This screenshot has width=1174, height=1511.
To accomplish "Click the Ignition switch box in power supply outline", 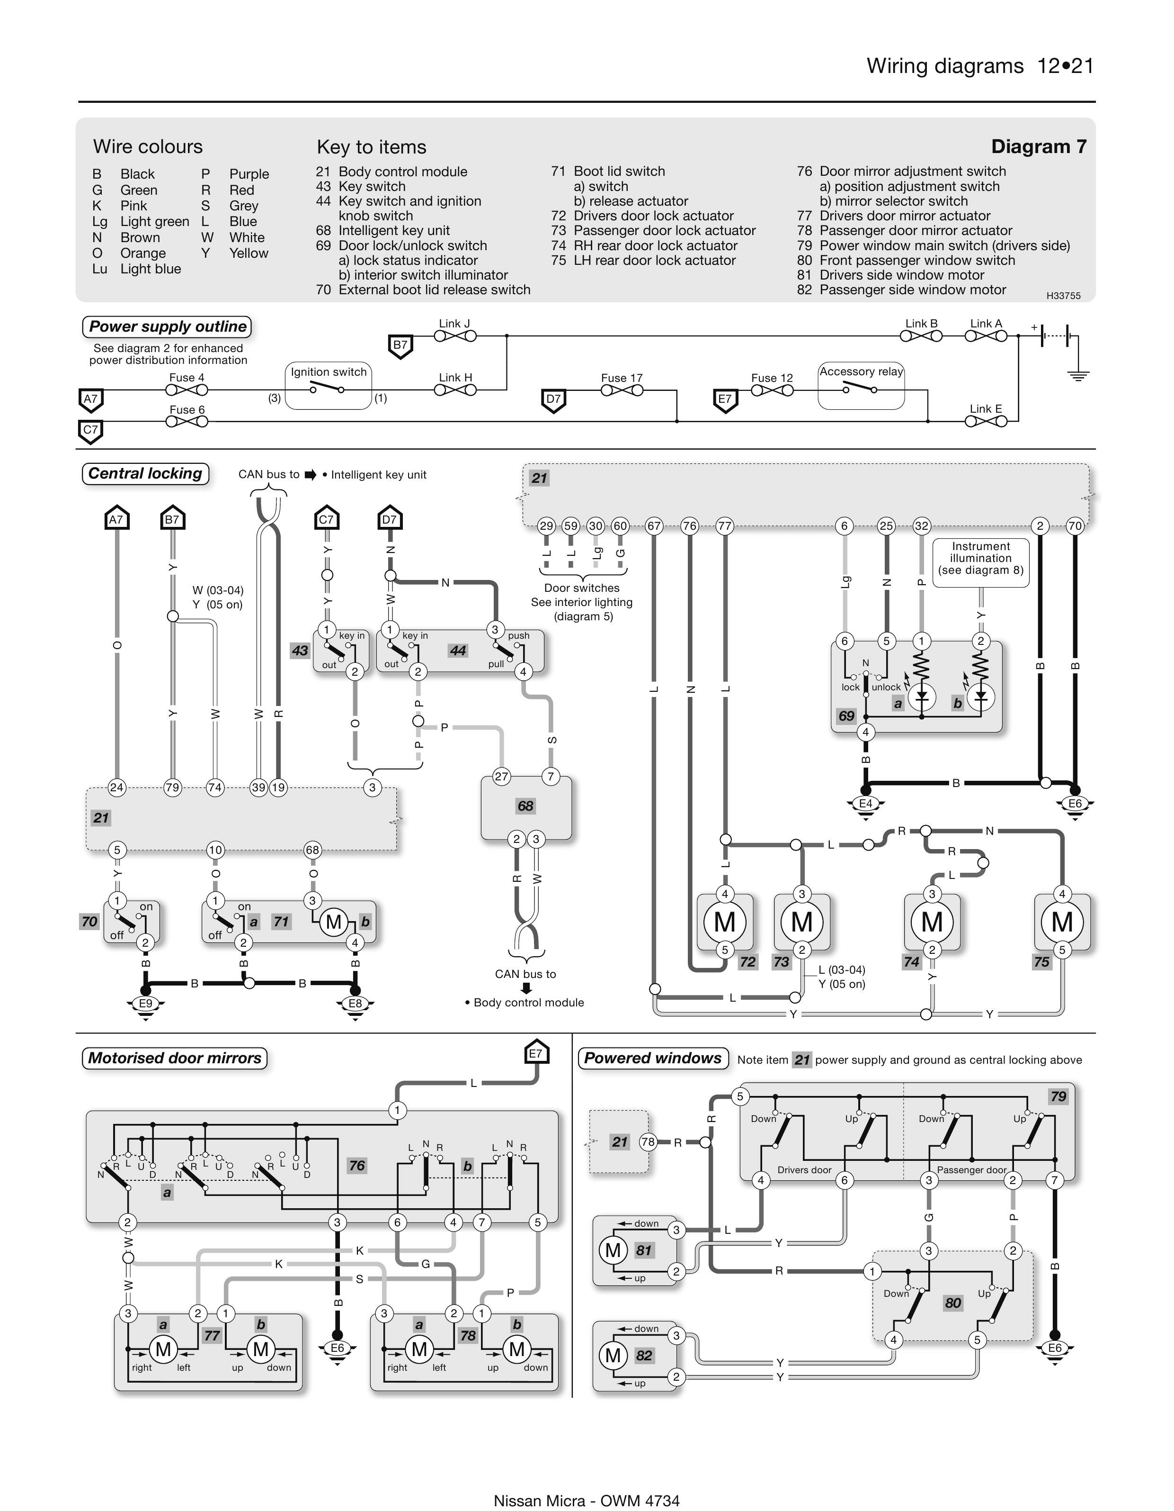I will coord(329,386).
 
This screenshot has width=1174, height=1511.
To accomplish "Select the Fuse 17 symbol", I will coord(622,390).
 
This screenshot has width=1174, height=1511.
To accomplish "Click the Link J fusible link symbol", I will coord(455,336).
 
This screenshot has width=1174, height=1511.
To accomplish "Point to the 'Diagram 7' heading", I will coord(1039,147).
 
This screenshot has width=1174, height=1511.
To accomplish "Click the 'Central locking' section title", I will coord(145,473).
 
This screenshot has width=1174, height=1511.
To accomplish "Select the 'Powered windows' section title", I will coord(653,1058).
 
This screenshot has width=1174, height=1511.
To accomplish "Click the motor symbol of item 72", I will coord(725,922).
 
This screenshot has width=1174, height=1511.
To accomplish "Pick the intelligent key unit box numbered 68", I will coord(525,807).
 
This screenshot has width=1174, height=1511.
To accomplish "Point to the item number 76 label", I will coord(357,1165).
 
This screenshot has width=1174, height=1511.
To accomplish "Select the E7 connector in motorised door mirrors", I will coord(536,1054).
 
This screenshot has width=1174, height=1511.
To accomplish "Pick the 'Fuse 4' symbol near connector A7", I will coord(187,390).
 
